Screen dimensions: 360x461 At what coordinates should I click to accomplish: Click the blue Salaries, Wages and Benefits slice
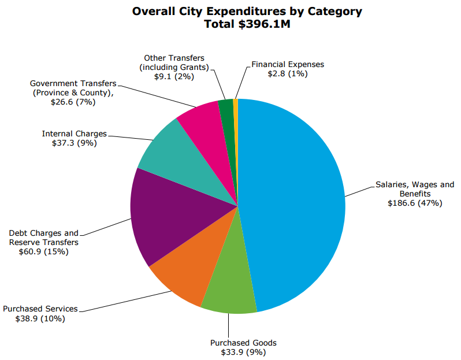[295, 196]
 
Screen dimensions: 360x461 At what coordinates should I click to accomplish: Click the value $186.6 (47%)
[415, 203]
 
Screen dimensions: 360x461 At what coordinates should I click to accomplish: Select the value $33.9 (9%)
[243, 352]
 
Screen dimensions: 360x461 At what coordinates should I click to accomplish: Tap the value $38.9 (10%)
[40, 318]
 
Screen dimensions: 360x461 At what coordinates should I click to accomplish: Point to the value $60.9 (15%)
[43, 251]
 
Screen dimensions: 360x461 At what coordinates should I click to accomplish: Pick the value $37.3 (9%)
[74, 143]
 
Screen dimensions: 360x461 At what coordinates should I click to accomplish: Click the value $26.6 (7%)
[73, 102]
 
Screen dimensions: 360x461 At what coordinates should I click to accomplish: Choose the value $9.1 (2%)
[174, 77]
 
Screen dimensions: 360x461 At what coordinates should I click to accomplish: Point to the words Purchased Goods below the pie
[243, 343]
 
